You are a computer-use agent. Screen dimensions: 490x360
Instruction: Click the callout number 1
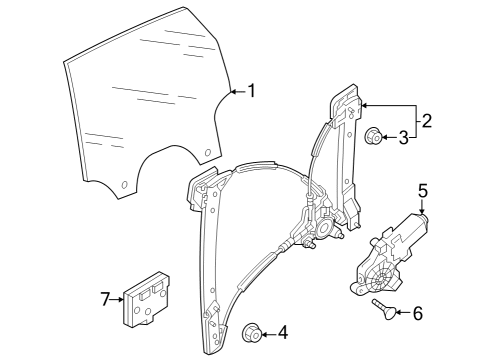tap(252, 91)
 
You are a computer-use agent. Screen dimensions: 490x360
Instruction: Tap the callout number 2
tap(426, 120)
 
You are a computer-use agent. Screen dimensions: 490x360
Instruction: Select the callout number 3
tap(404, 137)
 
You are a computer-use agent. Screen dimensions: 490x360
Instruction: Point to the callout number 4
tap(283, 333)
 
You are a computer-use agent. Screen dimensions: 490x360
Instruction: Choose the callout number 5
tap(423, 191)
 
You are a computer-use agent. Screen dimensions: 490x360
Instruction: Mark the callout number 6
tap(418, 313)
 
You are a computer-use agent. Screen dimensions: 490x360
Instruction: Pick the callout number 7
tap(105, 299)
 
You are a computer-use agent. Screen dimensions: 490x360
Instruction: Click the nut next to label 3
tap(373, 136)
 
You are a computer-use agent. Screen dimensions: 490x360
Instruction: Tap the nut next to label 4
tap(252, 332)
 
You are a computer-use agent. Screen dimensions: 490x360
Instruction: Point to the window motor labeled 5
tap(389, 255)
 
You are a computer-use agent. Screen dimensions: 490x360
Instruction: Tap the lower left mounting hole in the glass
tap(125, 185)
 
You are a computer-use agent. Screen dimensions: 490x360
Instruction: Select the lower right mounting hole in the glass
tap(207, 153)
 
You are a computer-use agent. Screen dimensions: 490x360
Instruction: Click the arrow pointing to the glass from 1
tap(238, 91)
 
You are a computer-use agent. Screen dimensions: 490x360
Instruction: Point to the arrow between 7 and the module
tap(117, 299)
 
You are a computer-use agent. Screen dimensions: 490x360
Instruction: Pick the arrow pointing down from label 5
tap(422, 207)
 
